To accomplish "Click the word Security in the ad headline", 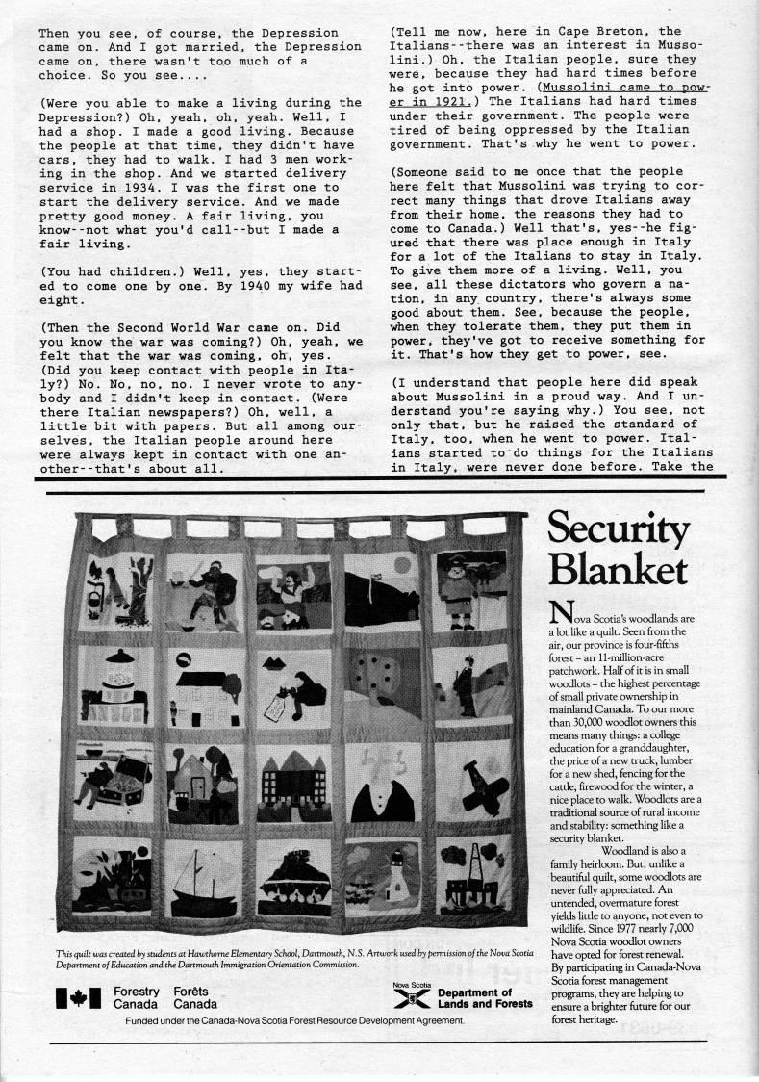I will point(619,530).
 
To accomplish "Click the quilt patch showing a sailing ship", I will point(204,875).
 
